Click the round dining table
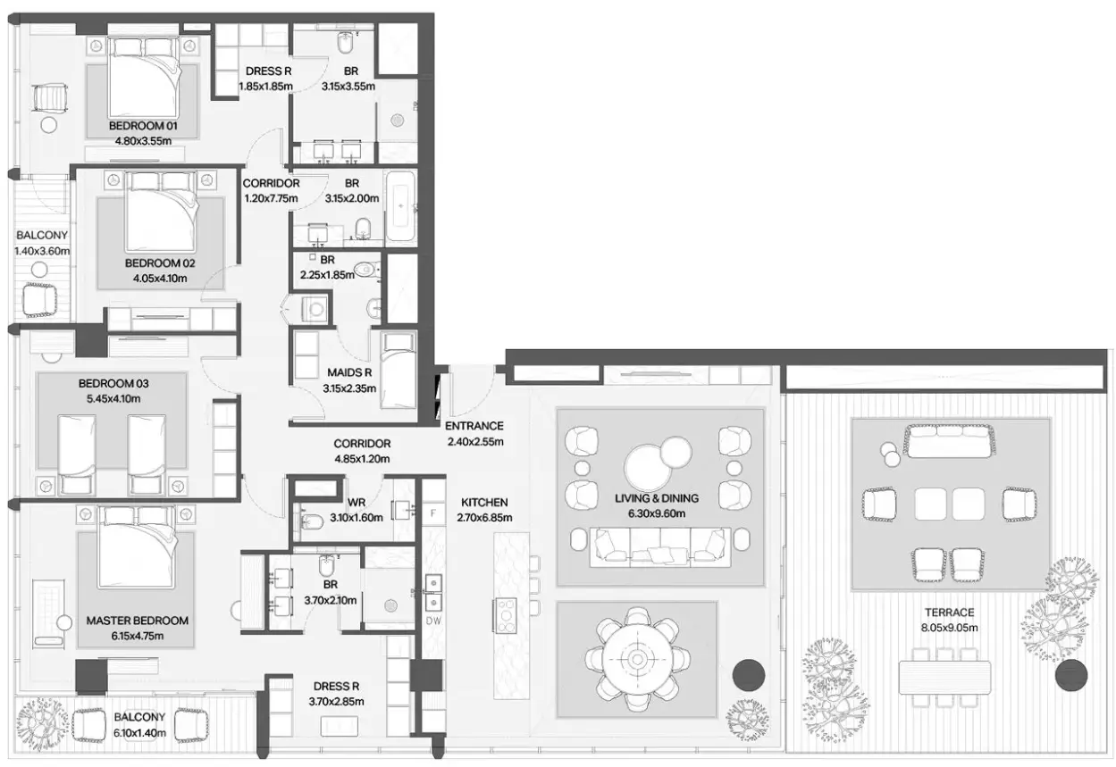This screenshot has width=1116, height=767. (x=637, y=659)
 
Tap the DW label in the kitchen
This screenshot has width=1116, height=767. (x=433, y=621)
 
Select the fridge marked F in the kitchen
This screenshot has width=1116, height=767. (x=433, y=513)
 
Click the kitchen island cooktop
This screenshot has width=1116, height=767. (x=505, y=616)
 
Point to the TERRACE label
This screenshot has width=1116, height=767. (x=949, y=613)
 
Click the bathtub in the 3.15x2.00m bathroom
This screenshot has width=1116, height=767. (x=401, y=206)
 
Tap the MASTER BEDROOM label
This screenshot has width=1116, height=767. (x=137, y=621)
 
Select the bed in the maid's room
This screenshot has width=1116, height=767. (x=399, y=370)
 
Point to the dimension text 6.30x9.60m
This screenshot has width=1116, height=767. (x=657, y=513)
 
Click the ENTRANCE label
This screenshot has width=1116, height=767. (x=474, y=426)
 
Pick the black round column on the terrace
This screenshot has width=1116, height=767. (x=1071, y=675)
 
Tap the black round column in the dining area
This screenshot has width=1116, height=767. (x=748, y=675)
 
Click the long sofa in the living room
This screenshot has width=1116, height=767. (x=660, y=547)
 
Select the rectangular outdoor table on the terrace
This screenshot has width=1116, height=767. (x=944, y=677)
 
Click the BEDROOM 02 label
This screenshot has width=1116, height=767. (x=160, y=263)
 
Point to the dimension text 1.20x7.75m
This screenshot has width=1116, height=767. (x=271, y=198)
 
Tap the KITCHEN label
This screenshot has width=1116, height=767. (x=484, y=503)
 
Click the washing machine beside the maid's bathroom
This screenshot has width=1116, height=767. (x=316, y=309)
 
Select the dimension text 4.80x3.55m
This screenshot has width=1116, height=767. (x=143, y=141)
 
